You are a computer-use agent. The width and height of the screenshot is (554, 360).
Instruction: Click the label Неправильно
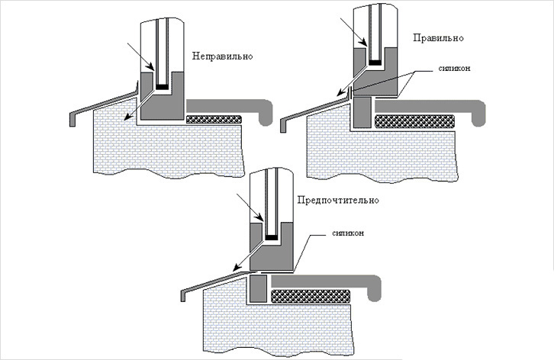tap(222, 56)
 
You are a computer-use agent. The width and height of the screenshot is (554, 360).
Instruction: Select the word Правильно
tap(438, 37)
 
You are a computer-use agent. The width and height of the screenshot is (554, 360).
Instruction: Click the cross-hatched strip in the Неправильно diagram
tap(214, 118)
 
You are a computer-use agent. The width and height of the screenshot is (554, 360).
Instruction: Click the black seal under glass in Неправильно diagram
tap(161, 87)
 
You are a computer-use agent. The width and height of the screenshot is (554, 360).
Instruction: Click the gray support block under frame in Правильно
tap(362, 112)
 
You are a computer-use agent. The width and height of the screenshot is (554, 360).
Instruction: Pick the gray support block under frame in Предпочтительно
tap(259, 288)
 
